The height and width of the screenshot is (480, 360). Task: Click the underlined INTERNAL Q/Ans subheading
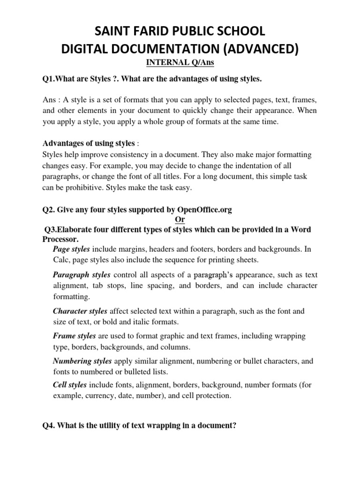point(180,62)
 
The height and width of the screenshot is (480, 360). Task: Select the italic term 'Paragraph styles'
point(82,275)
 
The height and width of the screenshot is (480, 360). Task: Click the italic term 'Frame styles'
point(74,336)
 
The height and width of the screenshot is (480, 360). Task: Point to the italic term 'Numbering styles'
point(82,361)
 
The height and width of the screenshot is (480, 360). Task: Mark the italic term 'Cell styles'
point(70,385)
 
